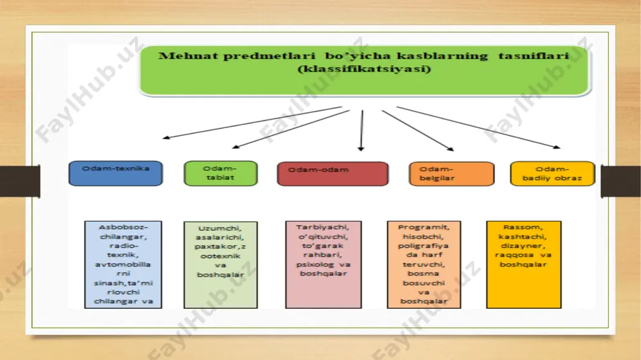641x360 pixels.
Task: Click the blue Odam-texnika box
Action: (115, 173)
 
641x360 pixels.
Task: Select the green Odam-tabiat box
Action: (221, 173)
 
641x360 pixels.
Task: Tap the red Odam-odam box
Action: (333, 174)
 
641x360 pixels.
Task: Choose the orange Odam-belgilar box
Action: (452, 174)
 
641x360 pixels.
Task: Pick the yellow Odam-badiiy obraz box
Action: (553, 174)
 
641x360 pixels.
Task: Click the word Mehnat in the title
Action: (188, 56)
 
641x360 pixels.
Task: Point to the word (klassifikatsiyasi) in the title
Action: (364, 69)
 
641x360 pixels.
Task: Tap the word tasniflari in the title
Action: (533, 56)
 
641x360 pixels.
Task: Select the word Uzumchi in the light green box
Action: (220, 229)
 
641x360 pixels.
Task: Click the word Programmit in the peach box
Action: (424, 227)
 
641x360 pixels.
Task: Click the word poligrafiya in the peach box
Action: (424, 246)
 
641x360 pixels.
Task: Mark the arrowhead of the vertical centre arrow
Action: (360, 149)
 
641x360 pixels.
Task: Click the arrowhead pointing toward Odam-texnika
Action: (166, 138)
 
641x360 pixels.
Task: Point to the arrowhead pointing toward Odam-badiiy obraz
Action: (557, 147)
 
